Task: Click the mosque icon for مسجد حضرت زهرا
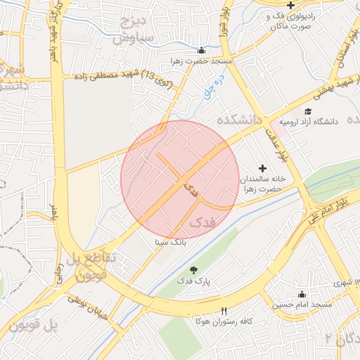202,51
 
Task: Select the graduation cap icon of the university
307,111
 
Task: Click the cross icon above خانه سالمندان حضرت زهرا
263,168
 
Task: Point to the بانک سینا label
171,241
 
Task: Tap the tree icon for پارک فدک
194,270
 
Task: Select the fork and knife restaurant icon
224,311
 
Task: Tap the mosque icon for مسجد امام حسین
302,294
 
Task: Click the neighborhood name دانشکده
239,120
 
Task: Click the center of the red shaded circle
180,180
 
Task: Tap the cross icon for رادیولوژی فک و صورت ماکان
291,6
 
